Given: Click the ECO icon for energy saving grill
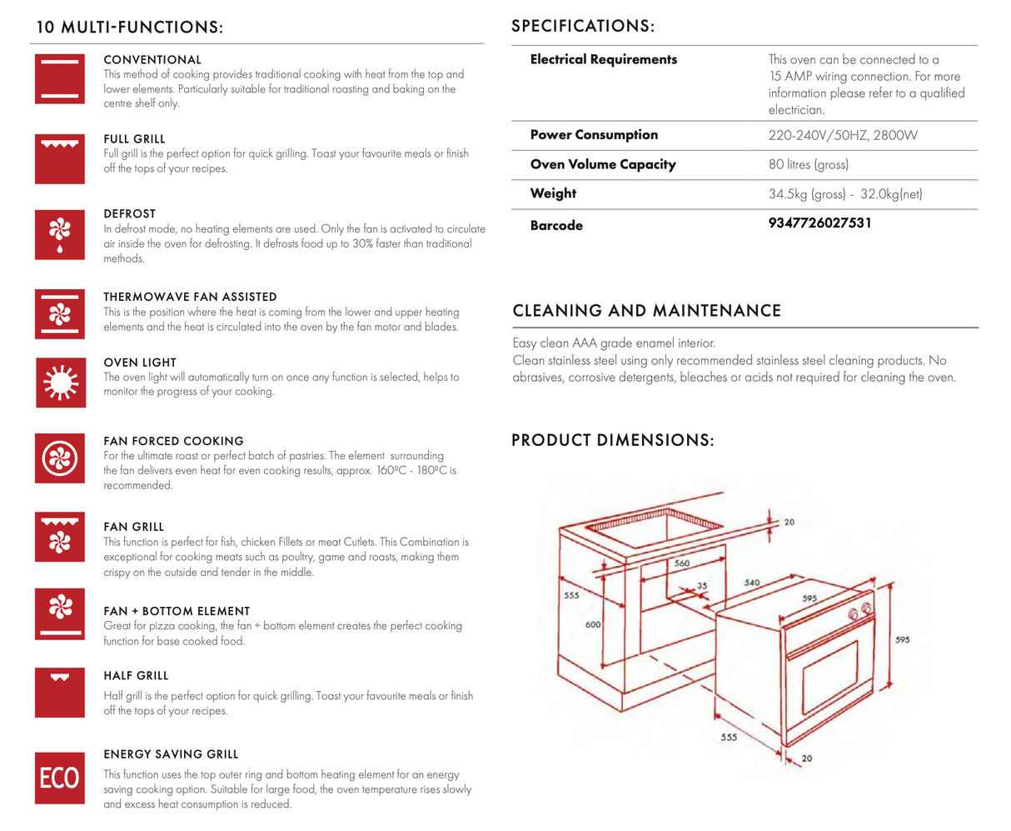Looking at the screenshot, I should [60, 778].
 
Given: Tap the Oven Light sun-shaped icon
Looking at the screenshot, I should [60, 382].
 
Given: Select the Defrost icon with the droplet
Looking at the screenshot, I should [60, 234].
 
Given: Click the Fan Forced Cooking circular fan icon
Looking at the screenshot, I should [60, 458].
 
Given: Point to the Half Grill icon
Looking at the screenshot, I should [60, 692].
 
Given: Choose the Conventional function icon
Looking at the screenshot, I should [60, 78].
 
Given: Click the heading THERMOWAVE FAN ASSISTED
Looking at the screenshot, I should [190, 297].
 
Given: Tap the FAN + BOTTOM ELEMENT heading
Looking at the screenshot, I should [177, 611].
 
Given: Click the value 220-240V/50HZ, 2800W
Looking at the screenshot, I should [843, 135].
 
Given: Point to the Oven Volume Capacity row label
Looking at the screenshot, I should [603, 164].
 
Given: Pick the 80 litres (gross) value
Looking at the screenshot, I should [809, 165].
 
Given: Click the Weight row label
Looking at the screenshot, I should [553, 193].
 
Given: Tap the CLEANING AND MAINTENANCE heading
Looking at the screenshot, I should [646, 311].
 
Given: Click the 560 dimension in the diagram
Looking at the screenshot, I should [682, 563].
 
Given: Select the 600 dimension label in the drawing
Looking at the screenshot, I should [593, 624].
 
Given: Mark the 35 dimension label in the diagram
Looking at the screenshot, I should [702, 586].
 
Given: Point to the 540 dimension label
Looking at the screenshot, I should [752, 582].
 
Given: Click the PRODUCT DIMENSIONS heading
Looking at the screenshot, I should [612, 440].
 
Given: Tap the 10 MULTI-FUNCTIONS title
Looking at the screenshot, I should [130, 28].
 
